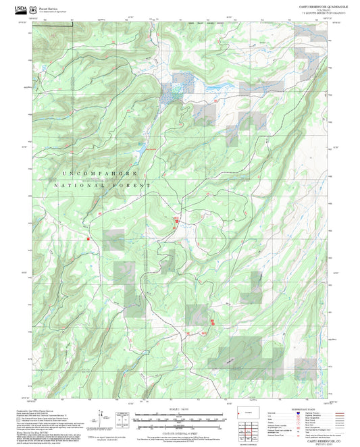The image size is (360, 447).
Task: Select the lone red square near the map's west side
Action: pos(88,238)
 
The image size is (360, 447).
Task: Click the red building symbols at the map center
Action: pos(177,220)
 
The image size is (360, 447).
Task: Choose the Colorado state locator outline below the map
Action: pos(243,412)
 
